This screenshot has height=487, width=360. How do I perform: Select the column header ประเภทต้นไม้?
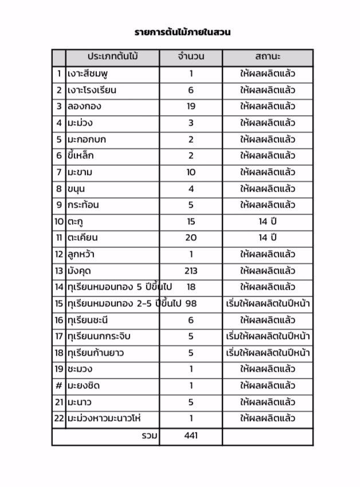(x=114, y=57)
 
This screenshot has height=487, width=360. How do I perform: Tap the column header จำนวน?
(x=191, y=57)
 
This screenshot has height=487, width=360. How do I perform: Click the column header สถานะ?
(x=268, y=57)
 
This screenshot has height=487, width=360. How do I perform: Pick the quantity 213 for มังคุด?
(x=191, y=270)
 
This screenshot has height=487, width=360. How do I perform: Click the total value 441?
(x=191, y=436)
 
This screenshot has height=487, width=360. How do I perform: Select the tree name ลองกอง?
(x=84, y=106)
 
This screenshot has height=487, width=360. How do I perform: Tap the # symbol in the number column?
(x=58, y=386)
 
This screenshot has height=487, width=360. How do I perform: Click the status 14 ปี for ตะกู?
(x=268, y=221)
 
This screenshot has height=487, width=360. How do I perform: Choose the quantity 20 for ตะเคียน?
(x=191, y=237)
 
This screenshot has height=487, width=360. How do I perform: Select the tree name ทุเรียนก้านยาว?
(x=95, y=353)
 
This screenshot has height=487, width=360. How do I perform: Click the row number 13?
(x=58, y=270)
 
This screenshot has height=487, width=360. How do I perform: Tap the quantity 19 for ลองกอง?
(x=191, y=106)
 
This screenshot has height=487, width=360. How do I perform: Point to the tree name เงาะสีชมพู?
(x=91, y=73)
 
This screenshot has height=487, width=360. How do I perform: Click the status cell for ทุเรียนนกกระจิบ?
(x=268, y=336)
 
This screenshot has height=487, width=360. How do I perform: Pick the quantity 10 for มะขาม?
(x=191, y=172)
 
